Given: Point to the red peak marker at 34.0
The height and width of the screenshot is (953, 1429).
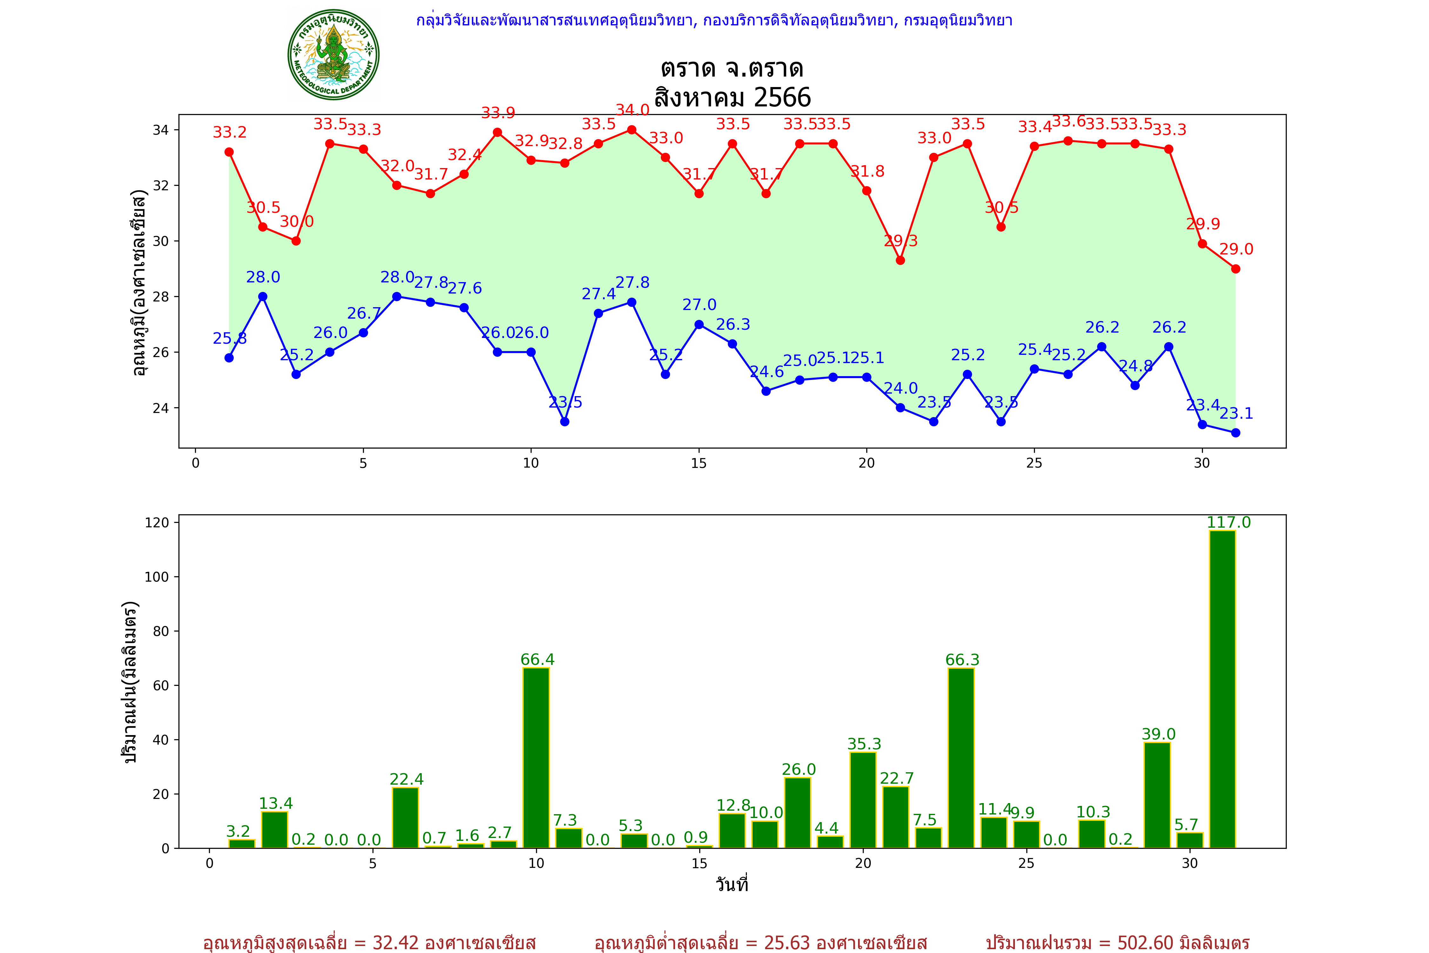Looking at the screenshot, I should pos(632,130).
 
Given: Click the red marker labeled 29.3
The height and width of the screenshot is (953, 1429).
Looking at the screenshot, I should pos(900,260).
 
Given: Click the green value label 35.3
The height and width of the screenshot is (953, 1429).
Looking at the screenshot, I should pos(864,744).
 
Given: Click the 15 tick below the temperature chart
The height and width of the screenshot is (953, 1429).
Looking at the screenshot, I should pos(699,463).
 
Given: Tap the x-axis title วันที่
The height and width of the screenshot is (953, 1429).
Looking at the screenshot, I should pos(732,884).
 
